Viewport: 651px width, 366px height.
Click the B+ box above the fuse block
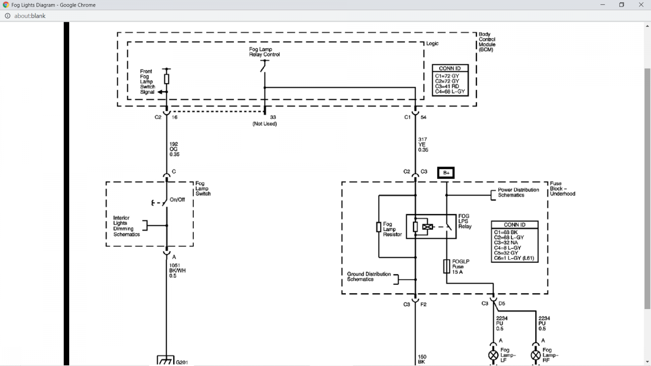[x=446, y=173]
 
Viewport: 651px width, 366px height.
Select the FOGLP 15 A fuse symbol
[x=447, y=266]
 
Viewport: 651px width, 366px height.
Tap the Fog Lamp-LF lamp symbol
[x=493, y=355]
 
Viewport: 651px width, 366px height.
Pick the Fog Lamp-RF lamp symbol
[x=535, y=355]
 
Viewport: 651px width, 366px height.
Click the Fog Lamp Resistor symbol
[x=379, y=227]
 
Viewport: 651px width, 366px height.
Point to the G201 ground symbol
[x=166, y=360]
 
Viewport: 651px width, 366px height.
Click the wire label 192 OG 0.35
[x=175, y=149]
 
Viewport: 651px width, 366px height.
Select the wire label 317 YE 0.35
[x=423, y=145]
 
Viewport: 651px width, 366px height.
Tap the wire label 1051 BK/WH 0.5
[x=177, y=270]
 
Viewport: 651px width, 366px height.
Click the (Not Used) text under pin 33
[x=264, y=124]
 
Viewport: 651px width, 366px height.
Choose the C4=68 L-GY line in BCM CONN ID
[x=450, y=92]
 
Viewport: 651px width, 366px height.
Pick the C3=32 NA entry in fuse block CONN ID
[x=506, y=242]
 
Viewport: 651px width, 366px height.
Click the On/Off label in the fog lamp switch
[x=177, y=200]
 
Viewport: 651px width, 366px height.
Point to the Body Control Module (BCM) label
[x=487, y=42]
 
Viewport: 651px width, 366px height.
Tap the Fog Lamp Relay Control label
[x=264, y=52]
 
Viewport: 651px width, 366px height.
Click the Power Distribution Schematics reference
[x=518, y=192]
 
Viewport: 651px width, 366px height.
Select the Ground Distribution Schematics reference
[x=369, y=277]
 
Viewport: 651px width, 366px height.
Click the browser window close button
[x=641, y=4]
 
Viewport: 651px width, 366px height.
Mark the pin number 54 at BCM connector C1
[x=424, y=118]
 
